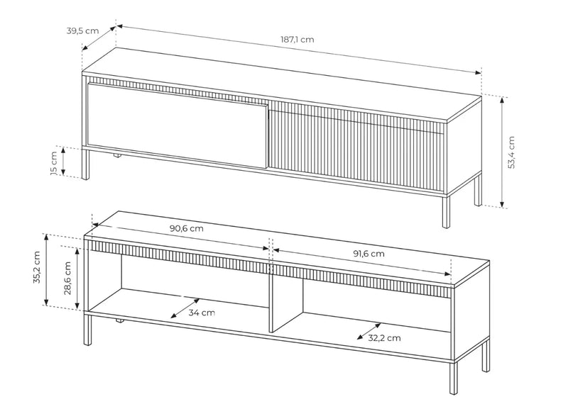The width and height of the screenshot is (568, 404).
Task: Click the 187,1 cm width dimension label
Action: pos(297,40)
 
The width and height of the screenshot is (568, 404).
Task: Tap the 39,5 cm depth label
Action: pos(82,30)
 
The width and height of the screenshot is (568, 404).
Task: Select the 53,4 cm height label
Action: pos(511,152)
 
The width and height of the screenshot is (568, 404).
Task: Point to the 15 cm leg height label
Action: pos(54,163)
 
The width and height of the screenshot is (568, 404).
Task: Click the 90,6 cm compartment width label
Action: pos(187,229)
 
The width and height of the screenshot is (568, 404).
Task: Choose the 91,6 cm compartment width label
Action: pos(368,254)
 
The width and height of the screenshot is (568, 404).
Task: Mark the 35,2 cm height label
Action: pos(37,267)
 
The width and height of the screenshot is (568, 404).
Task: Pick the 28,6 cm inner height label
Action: pos(67,279)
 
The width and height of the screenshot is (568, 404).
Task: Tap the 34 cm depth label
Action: pos(202,313)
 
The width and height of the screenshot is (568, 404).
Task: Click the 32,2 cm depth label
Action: pos(384,338)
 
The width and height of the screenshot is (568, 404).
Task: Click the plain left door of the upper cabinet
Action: pos(177,125)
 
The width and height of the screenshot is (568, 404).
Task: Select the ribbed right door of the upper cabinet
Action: pos(357,146)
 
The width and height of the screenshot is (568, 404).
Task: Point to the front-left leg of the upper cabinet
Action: pos(85,164)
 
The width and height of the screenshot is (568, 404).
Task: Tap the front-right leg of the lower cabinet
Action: pos(453,378)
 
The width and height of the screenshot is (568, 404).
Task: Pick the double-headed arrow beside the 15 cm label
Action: pos(63,162)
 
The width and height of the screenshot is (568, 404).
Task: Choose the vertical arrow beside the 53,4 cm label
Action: pos(502,152)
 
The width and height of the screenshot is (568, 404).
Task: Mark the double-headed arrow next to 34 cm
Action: pos(185,308)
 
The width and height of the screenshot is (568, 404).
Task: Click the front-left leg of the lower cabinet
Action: pos(87,329)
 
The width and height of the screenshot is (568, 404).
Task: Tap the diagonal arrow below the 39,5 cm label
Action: pos(99,38)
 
